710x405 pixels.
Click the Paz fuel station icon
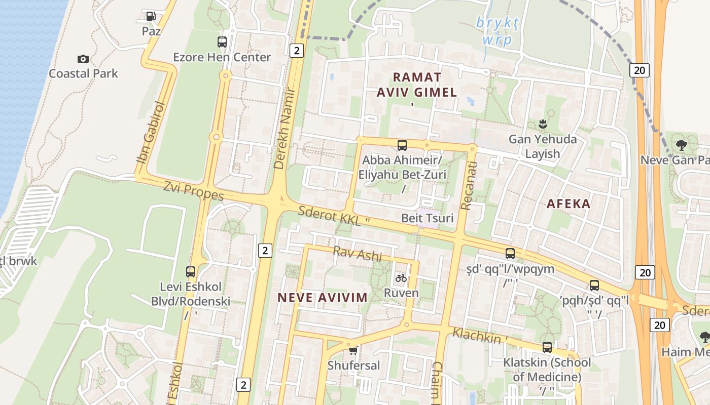point(151,16)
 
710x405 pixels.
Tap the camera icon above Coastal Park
point(83,59)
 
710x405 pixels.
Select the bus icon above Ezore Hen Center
point(222,42)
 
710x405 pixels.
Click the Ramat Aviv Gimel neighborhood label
point(417,85)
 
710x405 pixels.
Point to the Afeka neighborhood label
point(569,204)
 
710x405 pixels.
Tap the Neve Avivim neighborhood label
point(323,298)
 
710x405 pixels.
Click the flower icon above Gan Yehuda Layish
point(542,124)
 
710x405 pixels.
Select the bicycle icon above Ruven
point(401,278)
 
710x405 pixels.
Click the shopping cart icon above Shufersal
point(353,350)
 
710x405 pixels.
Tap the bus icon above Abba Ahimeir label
point(402,145)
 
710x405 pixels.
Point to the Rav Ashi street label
point(357,254)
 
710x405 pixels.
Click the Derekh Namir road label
point(287,134)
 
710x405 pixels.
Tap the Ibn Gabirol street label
point(151,133)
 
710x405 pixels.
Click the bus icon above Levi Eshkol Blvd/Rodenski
point(191,272)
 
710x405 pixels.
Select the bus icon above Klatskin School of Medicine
point(547,347)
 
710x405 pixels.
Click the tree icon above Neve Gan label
point(682,145)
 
